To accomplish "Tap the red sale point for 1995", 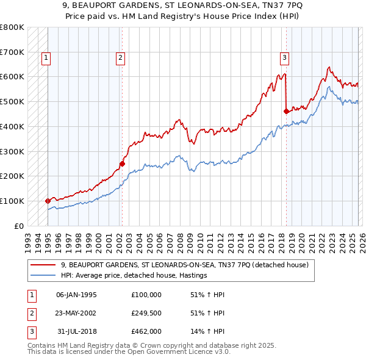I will tap(48, 200).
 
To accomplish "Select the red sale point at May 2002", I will tap(122, 164).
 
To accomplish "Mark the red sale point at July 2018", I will tap(286, 110).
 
